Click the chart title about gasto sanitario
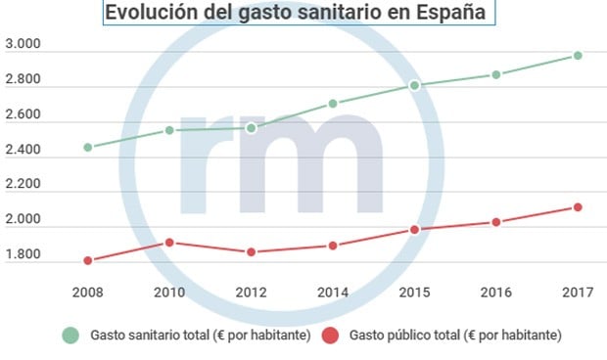[x=297, y=14]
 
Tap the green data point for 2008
[x=88, y=148]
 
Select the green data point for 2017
[x=578, y=56]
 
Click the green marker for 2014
[x=333, y=104]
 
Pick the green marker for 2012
[x=252, y=128]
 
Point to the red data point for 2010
[x=169, y=243]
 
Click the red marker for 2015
[x=414, y=230]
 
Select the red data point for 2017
[x=578, y=207]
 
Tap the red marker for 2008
[x=88, y=260]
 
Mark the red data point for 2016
[x=496, y=222]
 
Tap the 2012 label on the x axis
[x=252, y=292]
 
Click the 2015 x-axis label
[x=414, y=292]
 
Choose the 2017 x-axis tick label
[x=578, y=292]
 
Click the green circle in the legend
[x=70, y=336]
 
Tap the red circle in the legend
[x=331, y=336]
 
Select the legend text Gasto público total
[x=454, y=336]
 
